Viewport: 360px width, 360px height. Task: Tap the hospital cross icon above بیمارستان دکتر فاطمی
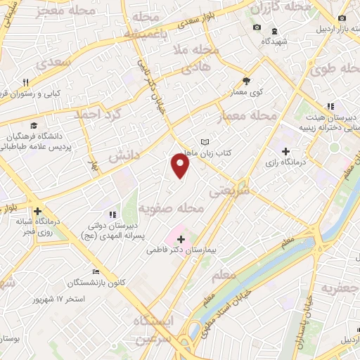tap(181, 239)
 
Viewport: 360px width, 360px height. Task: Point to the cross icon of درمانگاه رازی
tap(285, 151)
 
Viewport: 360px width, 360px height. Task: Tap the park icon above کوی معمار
tap(246, 81)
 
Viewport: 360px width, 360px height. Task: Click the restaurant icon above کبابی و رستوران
tap(26, 82)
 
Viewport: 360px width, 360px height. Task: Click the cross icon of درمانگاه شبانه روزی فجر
tap(37, 210)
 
